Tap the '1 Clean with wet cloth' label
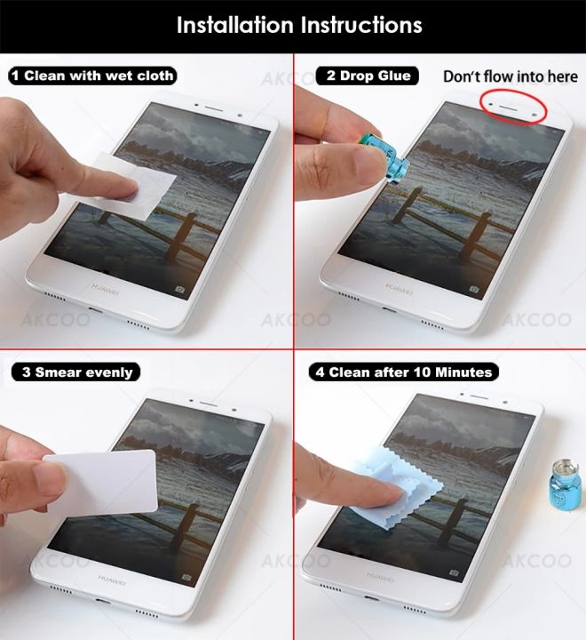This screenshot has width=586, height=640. [x=92, y=76]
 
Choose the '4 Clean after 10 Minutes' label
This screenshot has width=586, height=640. [x=403, y=372]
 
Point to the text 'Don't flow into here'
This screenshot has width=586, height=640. [x=511, y=76]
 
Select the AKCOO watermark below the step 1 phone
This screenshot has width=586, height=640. [x=53, y=319]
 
